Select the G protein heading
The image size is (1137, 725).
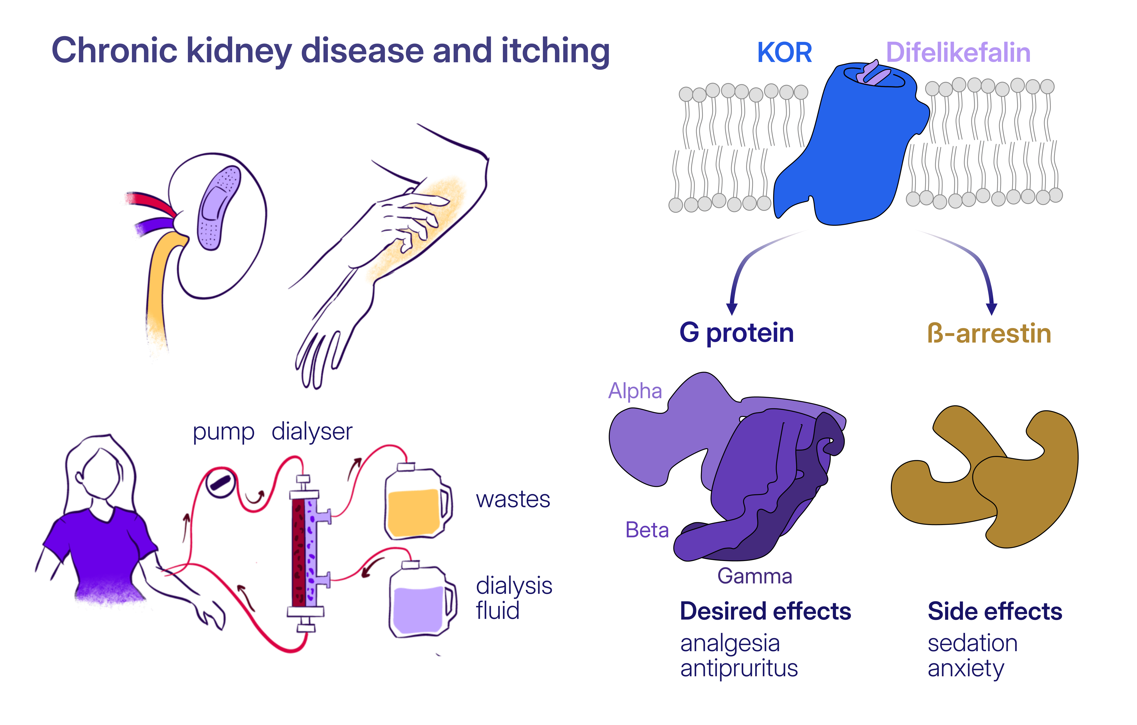click(x=737, y=333)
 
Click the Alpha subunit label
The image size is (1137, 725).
click(x=635, y=391)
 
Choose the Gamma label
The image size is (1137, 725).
click(x=754, y=576)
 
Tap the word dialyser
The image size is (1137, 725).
click(x=312, y=432)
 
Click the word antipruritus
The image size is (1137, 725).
click(x=739, y=668)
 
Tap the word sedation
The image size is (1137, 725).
click(x=973, y=643)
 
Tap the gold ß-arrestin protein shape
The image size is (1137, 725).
click(x=984, y=476)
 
